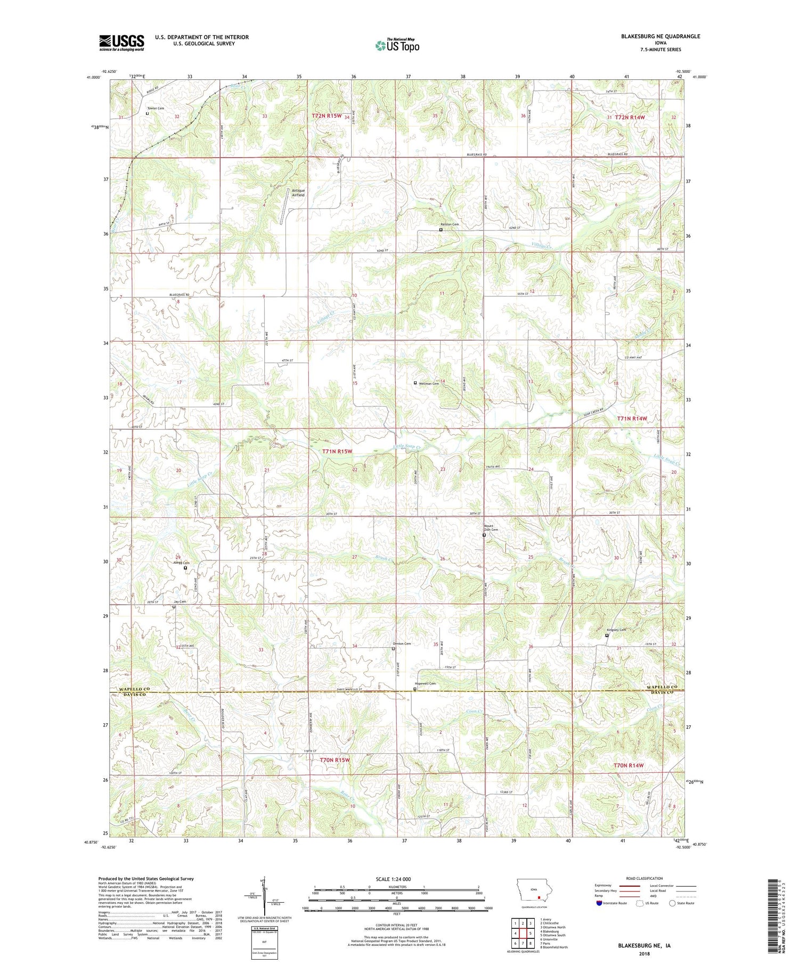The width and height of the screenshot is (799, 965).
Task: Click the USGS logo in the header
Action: click(121, 43)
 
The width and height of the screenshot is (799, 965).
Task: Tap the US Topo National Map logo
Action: click(397, 45)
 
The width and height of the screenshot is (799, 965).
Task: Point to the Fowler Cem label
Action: click(156, 108)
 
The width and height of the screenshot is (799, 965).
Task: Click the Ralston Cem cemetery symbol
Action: click(441, 230)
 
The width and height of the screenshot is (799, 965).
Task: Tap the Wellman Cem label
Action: click(429, 383)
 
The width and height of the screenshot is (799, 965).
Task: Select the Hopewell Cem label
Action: click(426, 683)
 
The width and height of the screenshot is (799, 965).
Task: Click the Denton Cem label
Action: click(402, 644)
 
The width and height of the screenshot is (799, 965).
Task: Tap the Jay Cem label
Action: click(180, 601)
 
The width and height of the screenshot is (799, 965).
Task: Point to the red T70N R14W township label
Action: click(629, 765)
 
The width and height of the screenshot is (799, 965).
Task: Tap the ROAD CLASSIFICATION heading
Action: click(644, 879)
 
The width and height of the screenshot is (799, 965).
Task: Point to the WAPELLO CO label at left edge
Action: click(131, 689)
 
